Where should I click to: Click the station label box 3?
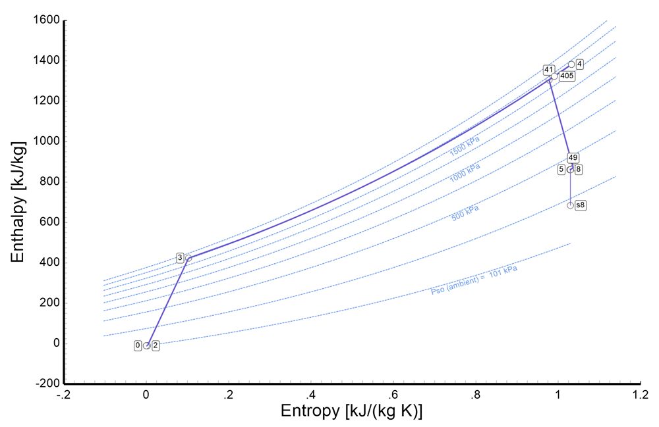tap(179, 258)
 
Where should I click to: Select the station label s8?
tap(581, 205)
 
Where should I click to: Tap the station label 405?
tap(567, 76)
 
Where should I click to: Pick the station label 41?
tap(548, 70)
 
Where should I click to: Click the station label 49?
tap(573, 158)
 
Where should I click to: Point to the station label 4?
tap(579, 64)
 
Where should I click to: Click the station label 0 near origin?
tap(138, 345)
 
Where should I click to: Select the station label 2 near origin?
tap(156, 345)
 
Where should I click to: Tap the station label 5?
tap(561, 169)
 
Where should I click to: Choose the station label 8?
tap(579, 169)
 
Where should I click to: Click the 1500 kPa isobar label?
tap(465, 146)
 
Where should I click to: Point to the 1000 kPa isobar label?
tap(465, 172)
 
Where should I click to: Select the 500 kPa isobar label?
tap(465, 212)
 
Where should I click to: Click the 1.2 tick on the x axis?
tap(640, 395)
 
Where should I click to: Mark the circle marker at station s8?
tap(570, 205)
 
